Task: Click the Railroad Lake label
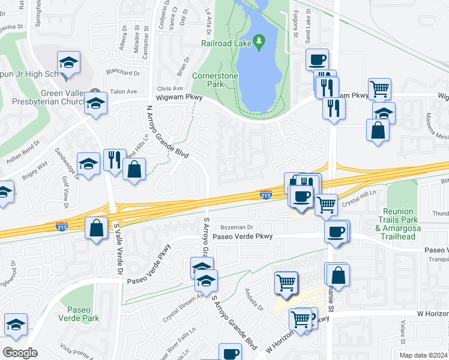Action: (x=226, y=44)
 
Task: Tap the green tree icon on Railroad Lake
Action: (x=259, y=41)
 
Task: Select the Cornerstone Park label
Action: (x=215, y=80)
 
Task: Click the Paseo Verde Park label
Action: (x=78, y=314)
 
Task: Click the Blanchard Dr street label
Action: (x=123, y=73)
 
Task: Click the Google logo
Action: (x=20, y=353)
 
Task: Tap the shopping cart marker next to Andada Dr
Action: (x=286, y=282)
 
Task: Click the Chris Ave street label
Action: (x=169, y=88)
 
